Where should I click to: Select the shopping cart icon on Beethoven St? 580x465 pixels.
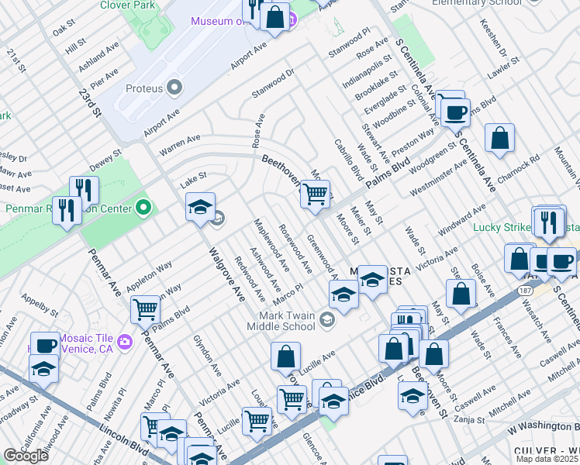314,194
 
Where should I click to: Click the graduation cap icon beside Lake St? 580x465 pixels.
200,207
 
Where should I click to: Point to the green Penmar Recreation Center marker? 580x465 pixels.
143,208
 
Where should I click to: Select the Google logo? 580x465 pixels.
26,456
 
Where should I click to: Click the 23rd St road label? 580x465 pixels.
90,102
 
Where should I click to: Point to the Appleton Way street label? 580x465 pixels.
150,277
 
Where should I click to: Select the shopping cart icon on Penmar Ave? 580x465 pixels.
145,310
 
